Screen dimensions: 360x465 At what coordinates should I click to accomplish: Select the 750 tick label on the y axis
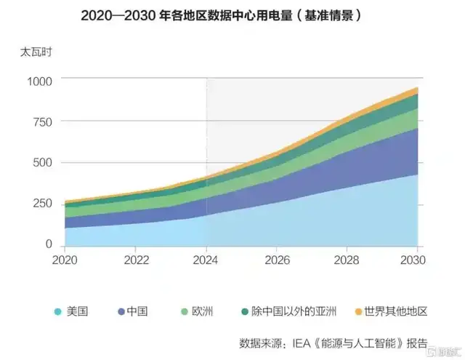[x=41, y=122]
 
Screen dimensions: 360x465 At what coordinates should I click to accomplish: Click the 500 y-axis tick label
[x=41, y=163]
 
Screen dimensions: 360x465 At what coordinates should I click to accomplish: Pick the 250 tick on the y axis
[x=41, y=204]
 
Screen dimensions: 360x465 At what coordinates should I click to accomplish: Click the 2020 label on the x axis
[x=65, y=260]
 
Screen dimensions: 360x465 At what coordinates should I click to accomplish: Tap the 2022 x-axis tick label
[x=136, y=260]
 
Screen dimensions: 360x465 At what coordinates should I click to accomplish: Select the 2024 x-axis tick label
[x=206, y=260]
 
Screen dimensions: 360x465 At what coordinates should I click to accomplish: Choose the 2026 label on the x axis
[x=277, y=260]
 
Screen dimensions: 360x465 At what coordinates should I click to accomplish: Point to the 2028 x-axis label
[x=347, y=260]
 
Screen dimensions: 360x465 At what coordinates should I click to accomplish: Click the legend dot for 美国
[x=57, y=312]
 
